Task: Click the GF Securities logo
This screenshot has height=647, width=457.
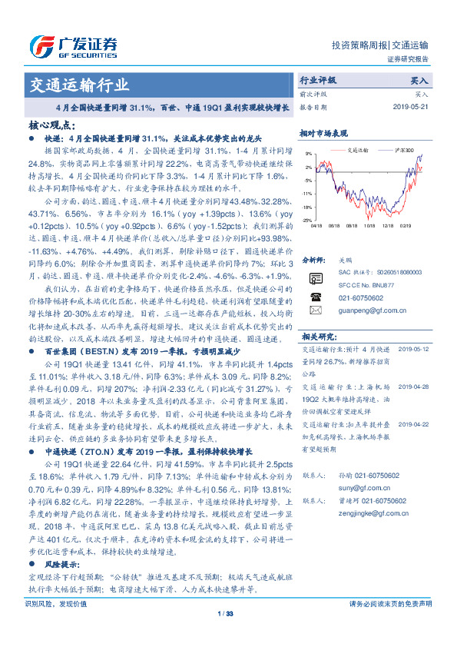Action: pyautogui.click(x=73, y=45)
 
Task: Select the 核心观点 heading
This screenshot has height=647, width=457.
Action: pyautogui.click(x=52, y=124)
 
